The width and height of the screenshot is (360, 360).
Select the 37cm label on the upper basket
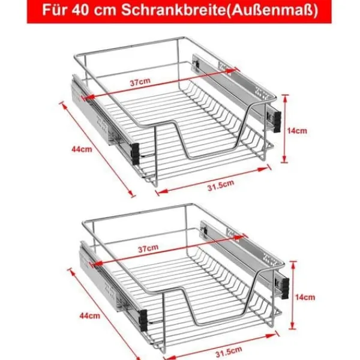[x=140, y=82]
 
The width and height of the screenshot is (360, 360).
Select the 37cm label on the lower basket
[x=148, y=248]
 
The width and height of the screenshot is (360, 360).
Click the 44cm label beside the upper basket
[x=82, y=149]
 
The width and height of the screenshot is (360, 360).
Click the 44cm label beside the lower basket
[x=90, y=316]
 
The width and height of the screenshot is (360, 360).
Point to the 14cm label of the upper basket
[x=297, y=131]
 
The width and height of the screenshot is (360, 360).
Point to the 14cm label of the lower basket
[x=305, y=297]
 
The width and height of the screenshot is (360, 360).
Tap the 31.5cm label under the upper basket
[x=221, y=185]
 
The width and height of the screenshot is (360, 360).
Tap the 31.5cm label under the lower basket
[x=229, y=352]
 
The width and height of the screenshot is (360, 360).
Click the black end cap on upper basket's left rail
[x=135, y=154]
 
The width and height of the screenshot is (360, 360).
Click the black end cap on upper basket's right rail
[x=277, y=122]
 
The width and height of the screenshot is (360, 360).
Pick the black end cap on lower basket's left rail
[x=143, y=320]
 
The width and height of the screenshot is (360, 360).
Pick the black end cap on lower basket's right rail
[x=285, y=289]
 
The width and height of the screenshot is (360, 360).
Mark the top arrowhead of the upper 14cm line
[x=285, y=98]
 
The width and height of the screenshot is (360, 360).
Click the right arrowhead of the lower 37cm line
[x=239, y=238]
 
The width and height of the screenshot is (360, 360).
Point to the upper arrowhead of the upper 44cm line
[x=64, y=106]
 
